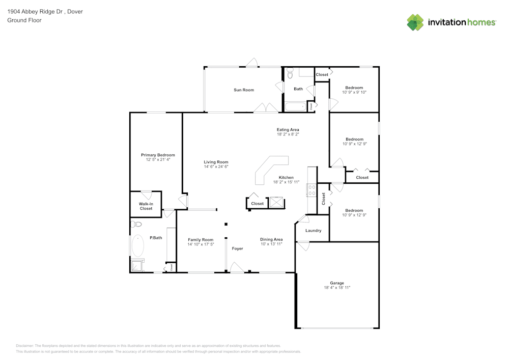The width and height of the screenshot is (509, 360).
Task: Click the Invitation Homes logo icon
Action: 415,22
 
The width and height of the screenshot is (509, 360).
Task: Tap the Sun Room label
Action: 244,90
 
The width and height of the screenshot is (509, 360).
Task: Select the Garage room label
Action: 337,283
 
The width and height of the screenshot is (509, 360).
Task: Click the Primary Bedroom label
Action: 158,155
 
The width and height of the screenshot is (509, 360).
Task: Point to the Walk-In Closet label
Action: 146,206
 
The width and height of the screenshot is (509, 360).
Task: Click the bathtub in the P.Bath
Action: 138,246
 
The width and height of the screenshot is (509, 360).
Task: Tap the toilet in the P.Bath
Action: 136,224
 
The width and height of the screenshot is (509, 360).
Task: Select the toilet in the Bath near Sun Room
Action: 290,74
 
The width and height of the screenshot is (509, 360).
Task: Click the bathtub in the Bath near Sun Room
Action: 295,107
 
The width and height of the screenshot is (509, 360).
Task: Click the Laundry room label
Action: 314,231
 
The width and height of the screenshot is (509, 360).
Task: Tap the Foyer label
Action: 238,248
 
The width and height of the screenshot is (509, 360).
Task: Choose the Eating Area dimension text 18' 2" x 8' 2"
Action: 288,134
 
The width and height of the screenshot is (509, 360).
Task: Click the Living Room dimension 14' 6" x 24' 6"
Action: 216,167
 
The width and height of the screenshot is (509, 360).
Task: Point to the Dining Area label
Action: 271,239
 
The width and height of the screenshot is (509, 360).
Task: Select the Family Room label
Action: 201,239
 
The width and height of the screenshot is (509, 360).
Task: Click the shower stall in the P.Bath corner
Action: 137,265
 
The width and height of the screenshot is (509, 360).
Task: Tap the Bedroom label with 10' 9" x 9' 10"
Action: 354,88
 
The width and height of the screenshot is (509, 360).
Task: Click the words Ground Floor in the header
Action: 24,20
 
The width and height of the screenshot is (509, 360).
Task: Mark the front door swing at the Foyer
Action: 237,267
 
